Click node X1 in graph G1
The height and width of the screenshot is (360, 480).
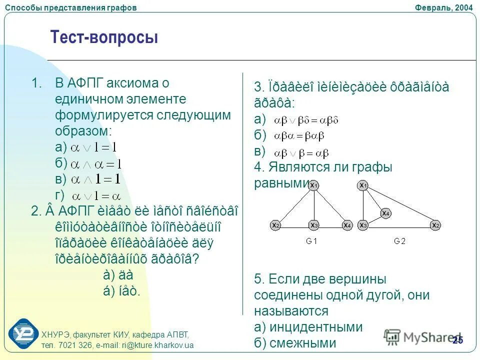[313, 185]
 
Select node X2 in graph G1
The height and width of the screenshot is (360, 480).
[275, 225]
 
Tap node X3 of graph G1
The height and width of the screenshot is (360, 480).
[313, 225]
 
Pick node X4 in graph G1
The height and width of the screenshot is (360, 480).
[347, 225]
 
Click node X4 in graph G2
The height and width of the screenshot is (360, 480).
[385, 213]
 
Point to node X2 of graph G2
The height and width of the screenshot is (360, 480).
[435, 225]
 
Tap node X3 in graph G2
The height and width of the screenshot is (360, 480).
[363, 225]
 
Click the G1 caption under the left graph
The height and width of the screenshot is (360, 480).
[312, 241]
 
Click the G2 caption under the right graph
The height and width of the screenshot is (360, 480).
[399, 241]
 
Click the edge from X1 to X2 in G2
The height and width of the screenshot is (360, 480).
[400, 205]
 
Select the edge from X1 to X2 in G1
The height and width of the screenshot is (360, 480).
[294, 205]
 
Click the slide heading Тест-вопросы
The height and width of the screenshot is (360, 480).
[104, 38]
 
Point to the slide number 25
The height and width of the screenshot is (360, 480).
[457, 340]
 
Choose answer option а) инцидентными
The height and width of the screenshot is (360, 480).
[308, 327]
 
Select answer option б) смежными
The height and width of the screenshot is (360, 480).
[295, 343]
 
